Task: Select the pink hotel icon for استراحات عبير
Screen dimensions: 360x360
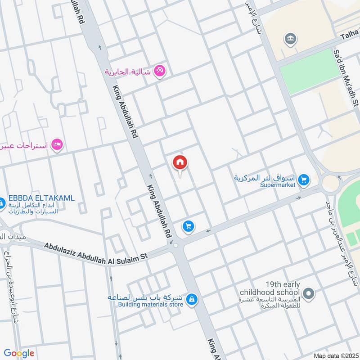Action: pos(57,144)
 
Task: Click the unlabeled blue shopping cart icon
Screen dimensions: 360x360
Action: pos(188,226)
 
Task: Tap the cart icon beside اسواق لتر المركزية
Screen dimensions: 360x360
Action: pos(304,180)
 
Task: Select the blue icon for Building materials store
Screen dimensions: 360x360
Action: pos(192,299)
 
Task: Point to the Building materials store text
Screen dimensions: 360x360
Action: pos(150,305)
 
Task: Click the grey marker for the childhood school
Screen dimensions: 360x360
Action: pos(308,295)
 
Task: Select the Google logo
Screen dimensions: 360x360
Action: pos(19,353)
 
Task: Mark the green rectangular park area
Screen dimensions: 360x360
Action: pos(308,71)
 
